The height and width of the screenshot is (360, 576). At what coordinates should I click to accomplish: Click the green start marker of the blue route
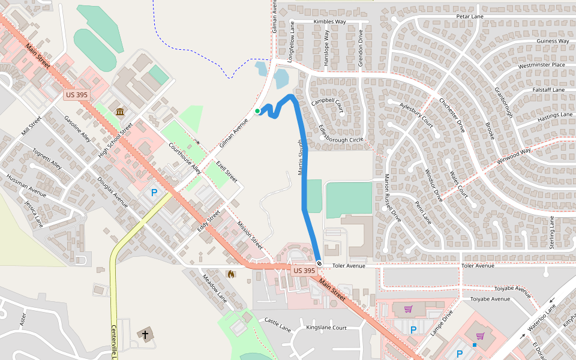(x=257, y=111)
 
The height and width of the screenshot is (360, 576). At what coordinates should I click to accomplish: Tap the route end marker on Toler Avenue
(x=319, y=263)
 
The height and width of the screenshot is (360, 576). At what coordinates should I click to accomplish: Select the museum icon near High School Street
(x=121, y=112)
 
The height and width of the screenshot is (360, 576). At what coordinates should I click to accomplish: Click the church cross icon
(x=145, y=334)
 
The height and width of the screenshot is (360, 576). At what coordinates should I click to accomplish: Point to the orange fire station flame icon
(x=230, y=274)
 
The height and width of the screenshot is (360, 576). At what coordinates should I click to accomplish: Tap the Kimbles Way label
(x=329, y=22)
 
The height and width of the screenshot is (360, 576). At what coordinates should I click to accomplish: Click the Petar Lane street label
(x=469, y=17)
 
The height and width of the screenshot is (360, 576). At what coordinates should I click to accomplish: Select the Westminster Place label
(x=541, y=65)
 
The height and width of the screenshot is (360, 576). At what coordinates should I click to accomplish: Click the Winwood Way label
(x=514, y=157)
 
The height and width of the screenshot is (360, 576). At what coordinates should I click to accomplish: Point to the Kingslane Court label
(x=326, y=328)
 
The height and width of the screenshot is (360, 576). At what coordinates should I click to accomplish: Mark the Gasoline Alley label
(x=77, y=129)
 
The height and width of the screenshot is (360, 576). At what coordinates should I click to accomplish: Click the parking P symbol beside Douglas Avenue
(x=154, y=193)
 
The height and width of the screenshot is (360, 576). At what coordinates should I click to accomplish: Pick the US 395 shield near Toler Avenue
(x=304, y=271)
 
